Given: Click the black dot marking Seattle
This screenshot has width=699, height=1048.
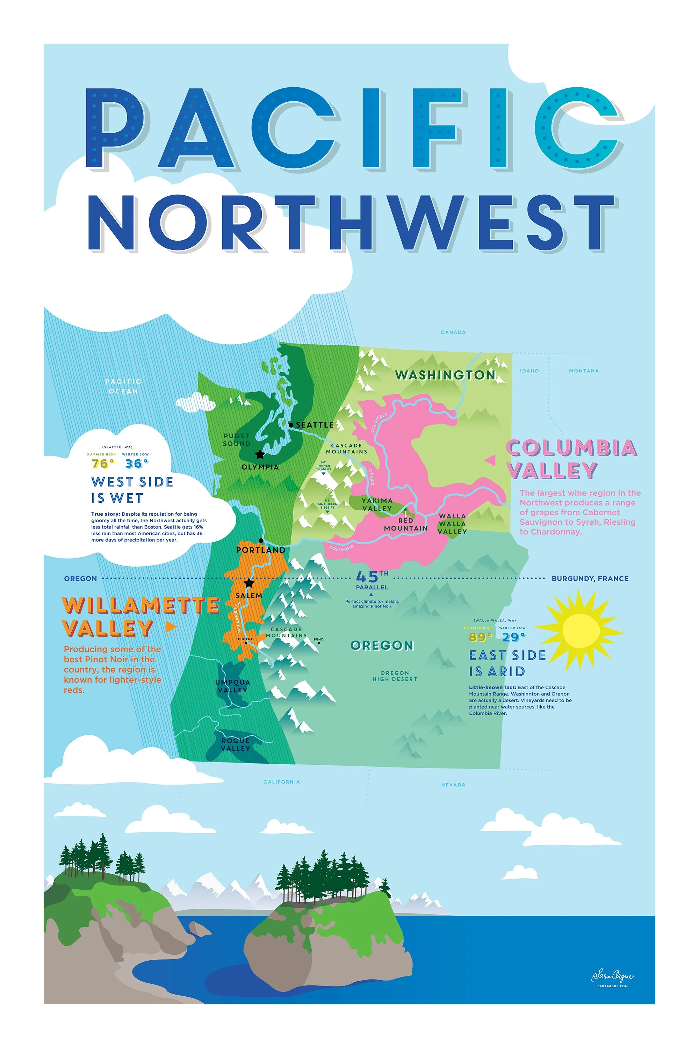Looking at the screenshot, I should pos(291,425).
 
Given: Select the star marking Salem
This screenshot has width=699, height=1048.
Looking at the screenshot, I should pos(249,583).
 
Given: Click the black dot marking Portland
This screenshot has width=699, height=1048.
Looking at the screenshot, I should pos(261,540).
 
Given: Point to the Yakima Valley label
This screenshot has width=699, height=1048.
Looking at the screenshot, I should pos(377,504).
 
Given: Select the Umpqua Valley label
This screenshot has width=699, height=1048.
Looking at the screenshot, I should pos(232,686).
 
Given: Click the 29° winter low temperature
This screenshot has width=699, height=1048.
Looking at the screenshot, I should pos(513,637).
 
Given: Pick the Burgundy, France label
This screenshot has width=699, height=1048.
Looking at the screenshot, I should pos(590,578).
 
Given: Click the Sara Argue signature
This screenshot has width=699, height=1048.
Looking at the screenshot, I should pos(613,977).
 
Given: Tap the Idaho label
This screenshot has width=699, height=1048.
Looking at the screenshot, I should pos(529,371).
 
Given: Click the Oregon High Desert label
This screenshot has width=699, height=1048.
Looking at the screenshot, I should pos(395,676).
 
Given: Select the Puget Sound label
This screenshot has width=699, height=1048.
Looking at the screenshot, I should pos(237,440).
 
